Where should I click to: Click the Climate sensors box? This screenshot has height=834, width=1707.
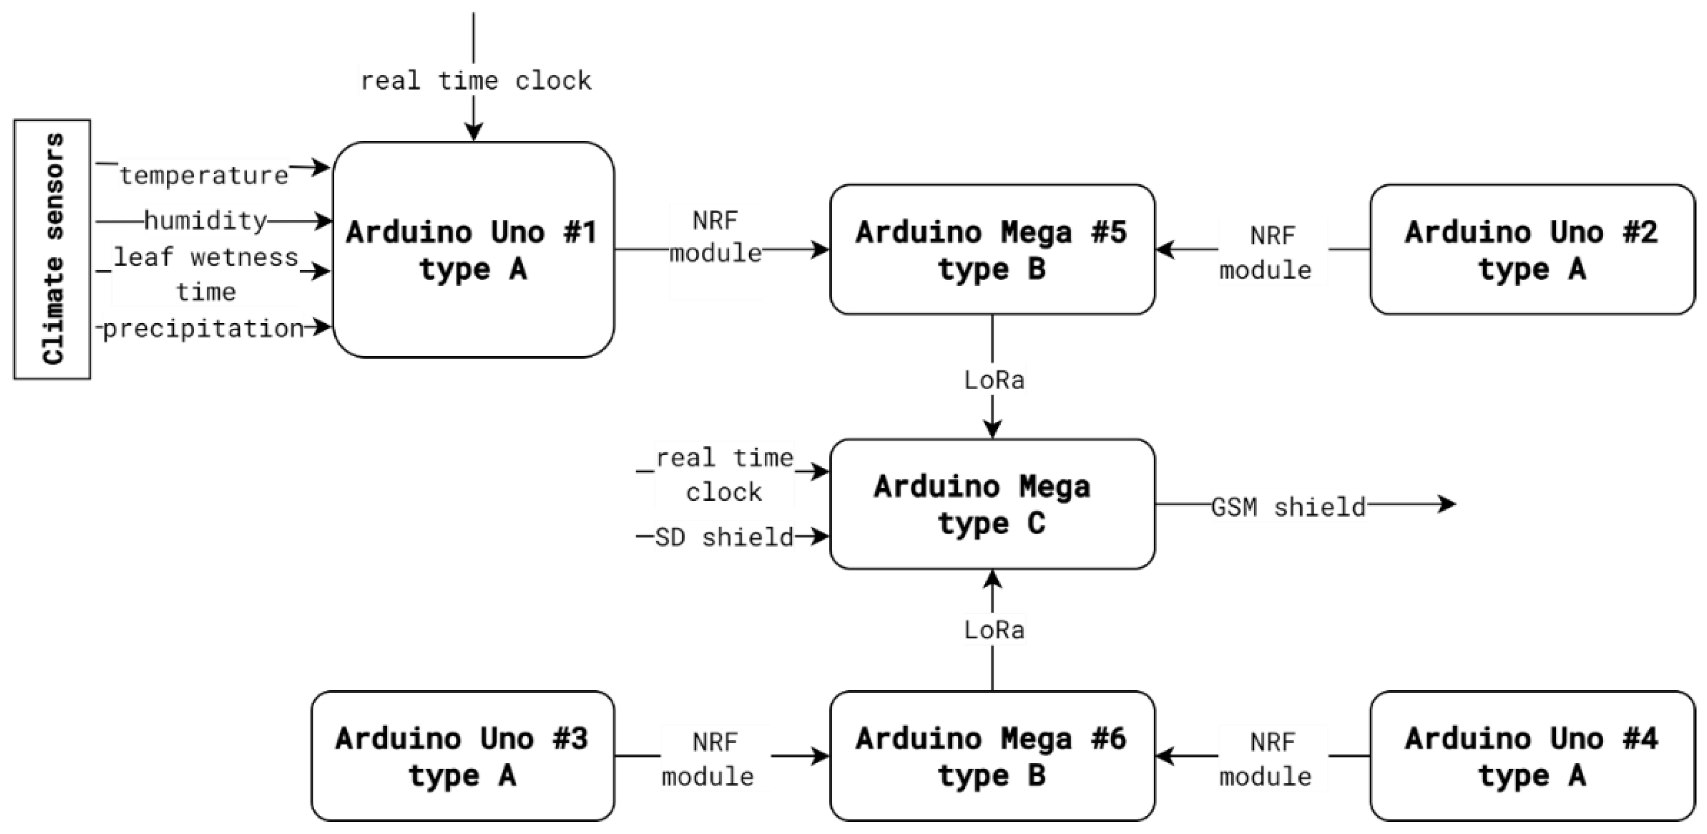coord(52,249)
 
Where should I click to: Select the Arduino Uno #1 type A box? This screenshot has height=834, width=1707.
coord(473,250)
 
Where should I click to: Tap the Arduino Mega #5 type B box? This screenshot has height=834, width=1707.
coord(992,250)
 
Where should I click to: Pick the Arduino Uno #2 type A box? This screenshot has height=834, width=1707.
coord(1531,250)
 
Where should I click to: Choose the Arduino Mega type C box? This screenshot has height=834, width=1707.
coord(992,504)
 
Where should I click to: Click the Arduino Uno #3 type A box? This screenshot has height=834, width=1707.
coord(463,756)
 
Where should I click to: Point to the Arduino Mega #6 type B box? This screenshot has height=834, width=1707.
coord(992,756)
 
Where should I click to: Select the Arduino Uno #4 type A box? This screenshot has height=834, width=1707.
coord(1531,756)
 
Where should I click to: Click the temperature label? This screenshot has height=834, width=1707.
coord(204,176)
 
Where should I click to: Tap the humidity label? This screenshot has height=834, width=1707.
coord(206,221)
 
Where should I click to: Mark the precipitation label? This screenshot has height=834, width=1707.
coord(203,328)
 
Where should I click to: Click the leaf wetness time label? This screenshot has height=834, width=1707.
coord(206,274)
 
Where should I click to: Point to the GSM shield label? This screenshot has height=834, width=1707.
coord(1288,507)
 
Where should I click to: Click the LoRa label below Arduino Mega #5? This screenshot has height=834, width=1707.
coord(994,380)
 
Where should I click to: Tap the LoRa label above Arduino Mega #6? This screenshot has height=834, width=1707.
coord(994,629)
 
